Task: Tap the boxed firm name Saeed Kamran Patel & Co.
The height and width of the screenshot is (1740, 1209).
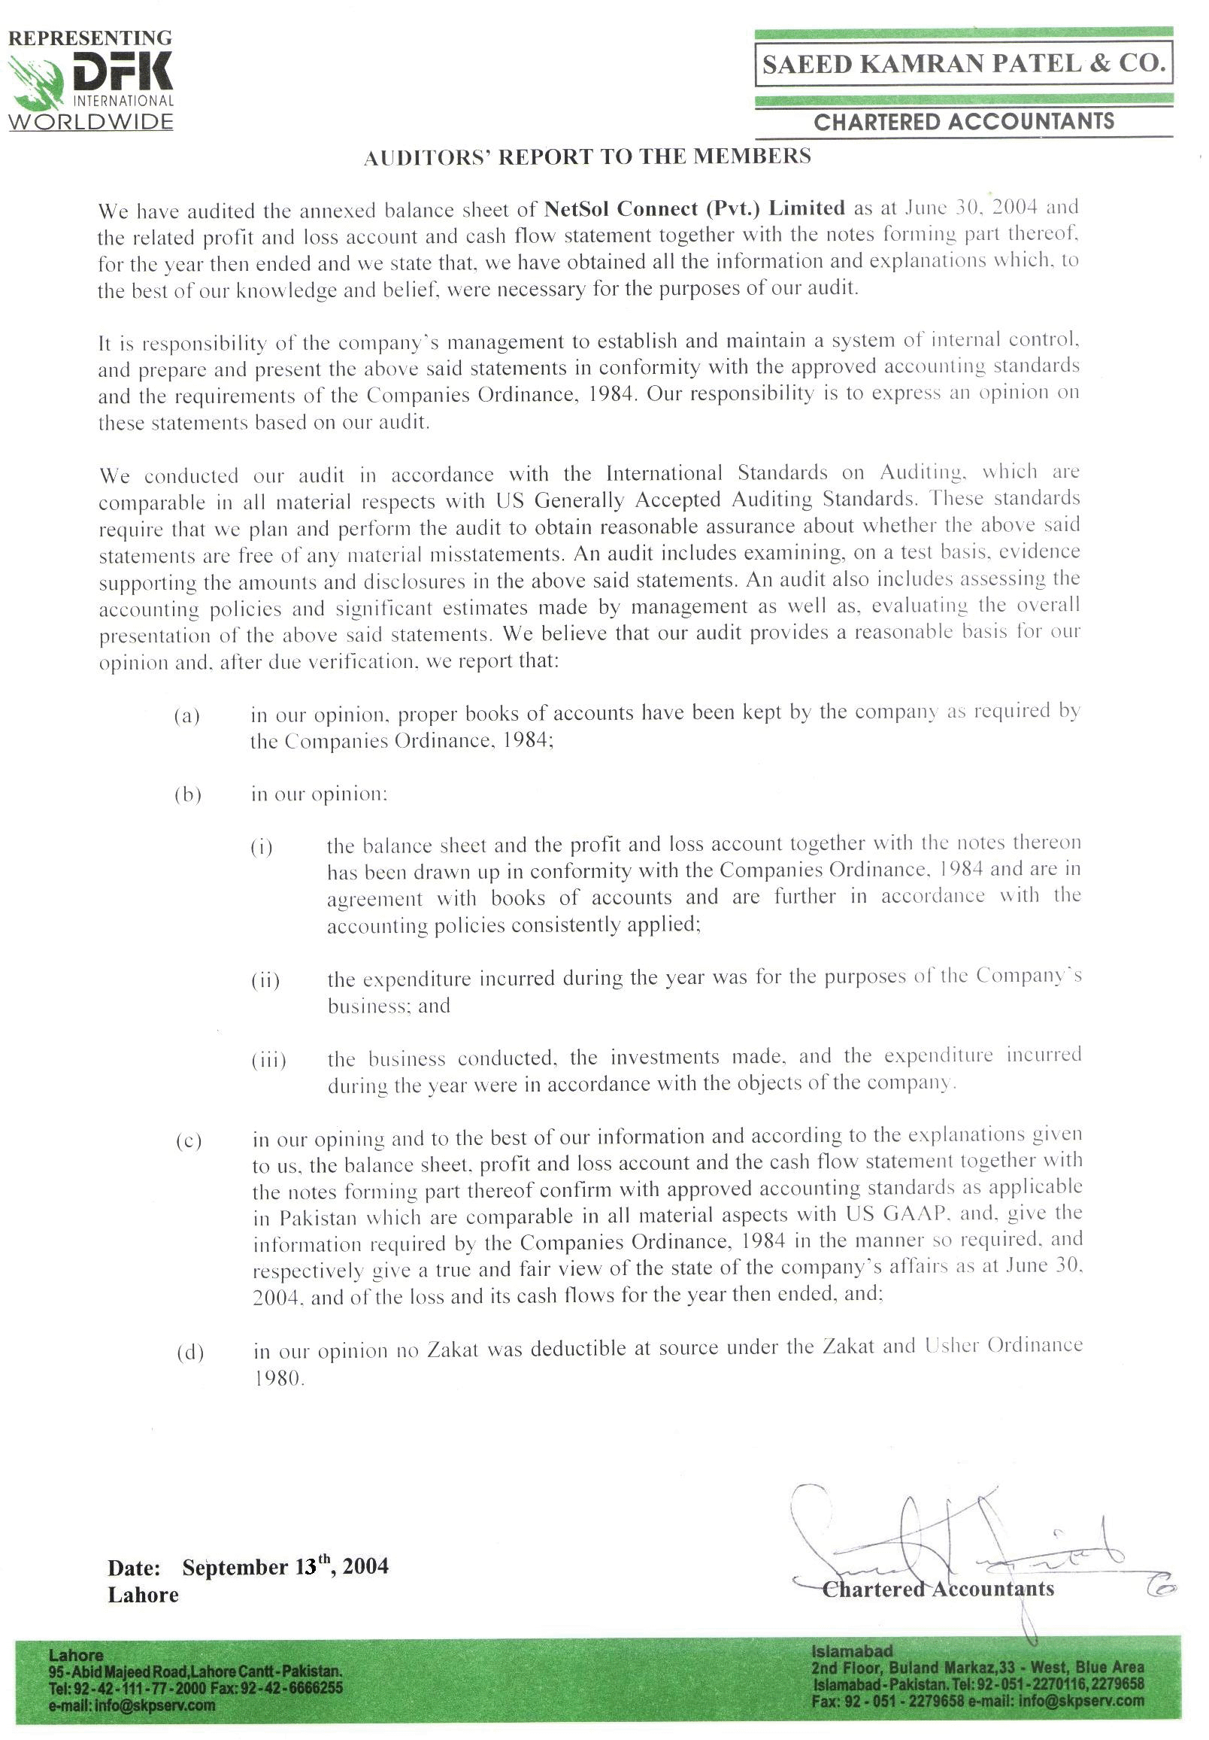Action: [963, 65]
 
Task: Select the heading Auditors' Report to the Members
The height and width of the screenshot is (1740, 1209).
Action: [587, 157]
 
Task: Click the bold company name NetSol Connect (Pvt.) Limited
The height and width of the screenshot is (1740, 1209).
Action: [694, 208]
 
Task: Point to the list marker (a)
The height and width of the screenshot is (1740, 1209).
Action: [186, 715]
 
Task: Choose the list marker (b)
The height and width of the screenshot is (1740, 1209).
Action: [187, 795]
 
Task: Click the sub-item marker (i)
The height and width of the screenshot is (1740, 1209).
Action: [262, 847]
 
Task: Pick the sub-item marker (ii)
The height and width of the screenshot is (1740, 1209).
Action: [265, 981]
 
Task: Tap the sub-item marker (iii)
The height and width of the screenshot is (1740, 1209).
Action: [268, 1060]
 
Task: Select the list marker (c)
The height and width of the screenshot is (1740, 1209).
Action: [189, 1140]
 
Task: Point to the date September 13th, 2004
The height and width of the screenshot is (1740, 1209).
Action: [285, 1567]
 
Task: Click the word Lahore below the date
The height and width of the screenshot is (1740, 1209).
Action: [143, 1595]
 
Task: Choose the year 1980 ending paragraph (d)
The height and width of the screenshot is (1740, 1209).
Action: [277, 1377]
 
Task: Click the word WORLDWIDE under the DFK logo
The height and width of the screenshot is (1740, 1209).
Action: [91, 121]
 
